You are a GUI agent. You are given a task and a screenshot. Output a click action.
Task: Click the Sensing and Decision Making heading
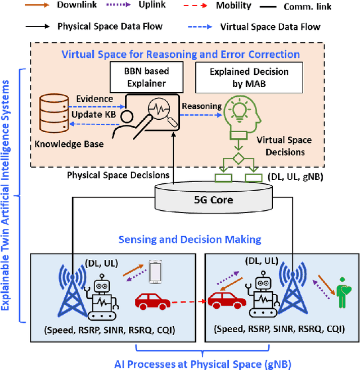click(190, 240)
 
